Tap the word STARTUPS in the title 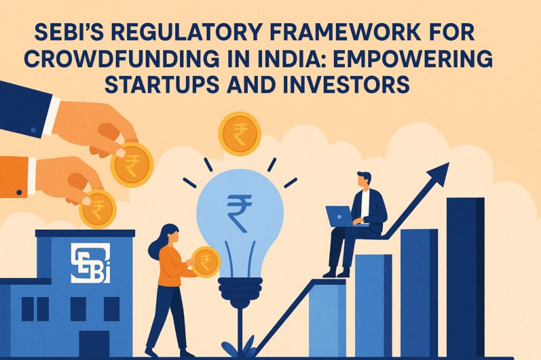point(162,84)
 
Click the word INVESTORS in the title point(346,84)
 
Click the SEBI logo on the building point(90,263)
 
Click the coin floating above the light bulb point(240,134)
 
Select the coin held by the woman point(206,262)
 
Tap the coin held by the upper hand point(132,165)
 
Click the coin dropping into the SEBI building point(98,209)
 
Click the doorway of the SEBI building point(94,344)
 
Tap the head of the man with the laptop point(363,179)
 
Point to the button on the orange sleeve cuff point(20,193)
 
